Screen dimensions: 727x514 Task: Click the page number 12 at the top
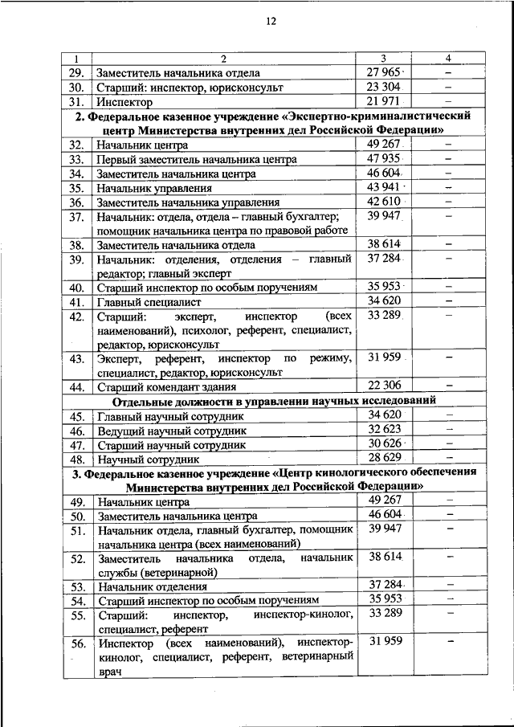[x=271, y=22]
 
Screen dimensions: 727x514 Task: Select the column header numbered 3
[x=383, y=59]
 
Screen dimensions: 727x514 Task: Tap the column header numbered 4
[x=449, y=59]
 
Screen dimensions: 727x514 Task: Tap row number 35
[x=76, y=188]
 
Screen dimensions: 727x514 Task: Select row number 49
[x=76, y=502]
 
